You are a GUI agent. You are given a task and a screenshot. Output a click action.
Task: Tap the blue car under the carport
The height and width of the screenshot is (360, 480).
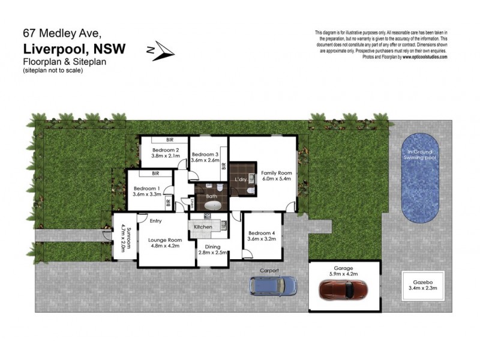point(273,286)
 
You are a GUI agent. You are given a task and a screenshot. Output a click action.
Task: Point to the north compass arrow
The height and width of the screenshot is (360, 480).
point(161,52)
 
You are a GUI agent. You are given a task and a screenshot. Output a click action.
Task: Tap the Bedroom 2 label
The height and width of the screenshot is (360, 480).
point(166,150)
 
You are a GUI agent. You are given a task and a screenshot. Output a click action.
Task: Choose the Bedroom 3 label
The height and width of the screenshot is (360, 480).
point(205,154)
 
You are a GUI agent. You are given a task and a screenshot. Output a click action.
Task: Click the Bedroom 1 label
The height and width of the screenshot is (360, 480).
point(146,188)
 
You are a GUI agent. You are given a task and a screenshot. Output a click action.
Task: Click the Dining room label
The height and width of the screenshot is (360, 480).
point(212,247)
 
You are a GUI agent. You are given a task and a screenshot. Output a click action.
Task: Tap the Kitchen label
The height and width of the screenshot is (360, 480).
point(203,227)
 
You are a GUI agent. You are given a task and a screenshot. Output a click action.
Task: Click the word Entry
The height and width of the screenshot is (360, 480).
point(156,220)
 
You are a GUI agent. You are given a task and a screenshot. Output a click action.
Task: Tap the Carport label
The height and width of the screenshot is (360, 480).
point(269,271)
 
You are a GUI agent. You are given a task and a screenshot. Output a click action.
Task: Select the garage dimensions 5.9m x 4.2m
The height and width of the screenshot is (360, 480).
point(345,274)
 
